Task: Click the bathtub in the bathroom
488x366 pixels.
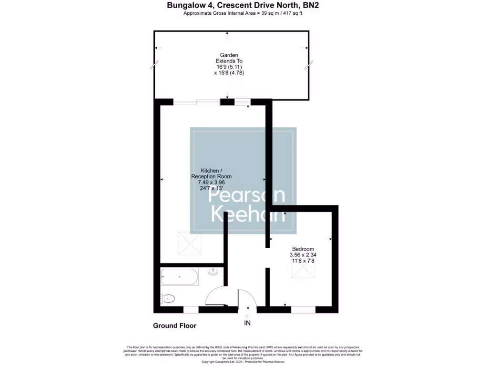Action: coord(180,276)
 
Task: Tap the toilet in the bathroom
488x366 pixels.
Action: coord(168,298)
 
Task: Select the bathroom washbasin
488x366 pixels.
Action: coord(214,272)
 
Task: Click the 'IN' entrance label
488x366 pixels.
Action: coord(247,323)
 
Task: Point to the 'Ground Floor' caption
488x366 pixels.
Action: coord(174,326)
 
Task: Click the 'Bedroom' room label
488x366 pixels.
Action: coord(303,249)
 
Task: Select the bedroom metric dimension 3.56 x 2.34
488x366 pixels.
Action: coord(303,255)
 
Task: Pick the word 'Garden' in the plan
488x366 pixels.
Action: coord(229,55)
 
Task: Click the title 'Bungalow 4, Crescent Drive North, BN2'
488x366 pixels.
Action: coord(243,6)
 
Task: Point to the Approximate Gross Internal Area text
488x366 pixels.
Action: coord(243,13)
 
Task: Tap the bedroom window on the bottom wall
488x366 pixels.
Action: coord(304,310)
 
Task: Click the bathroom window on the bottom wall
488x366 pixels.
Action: coord(191,310)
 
